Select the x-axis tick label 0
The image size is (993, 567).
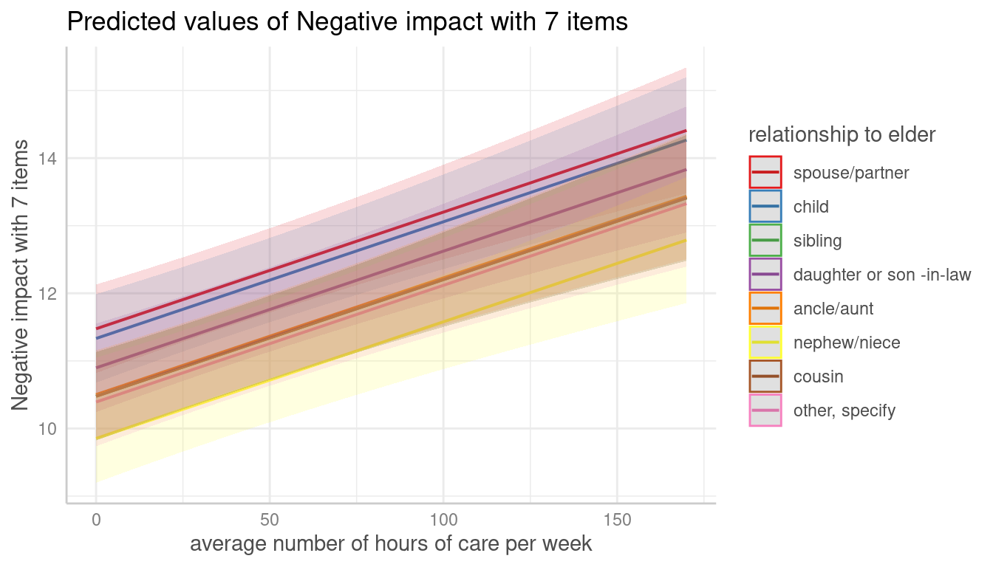point(96,520)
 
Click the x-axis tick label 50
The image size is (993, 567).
point(270,520)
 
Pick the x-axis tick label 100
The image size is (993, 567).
point(443,520)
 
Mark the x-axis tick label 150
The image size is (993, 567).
point(617,520)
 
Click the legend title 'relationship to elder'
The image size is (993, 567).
point(842,135)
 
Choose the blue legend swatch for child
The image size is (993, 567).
point(765,207)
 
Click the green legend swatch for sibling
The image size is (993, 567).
point(765,241)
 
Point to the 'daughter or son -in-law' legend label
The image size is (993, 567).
point(882,275)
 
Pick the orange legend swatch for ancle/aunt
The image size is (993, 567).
point(765,309)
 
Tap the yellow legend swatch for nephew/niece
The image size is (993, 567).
point(765,343)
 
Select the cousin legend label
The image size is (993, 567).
point(818,377)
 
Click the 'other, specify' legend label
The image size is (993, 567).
point(844,411)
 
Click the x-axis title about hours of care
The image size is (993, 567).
point(391,544)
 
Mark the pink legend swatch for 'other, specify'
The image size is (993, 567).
point(765,410)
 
